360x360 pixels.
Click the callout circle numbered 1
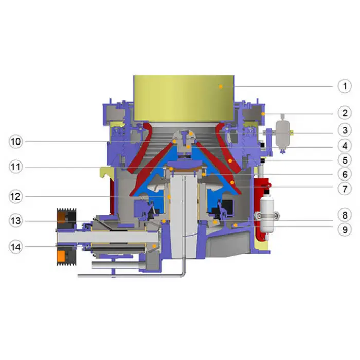coord(345,86)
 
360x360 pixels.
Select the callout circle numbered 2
coord(345,113)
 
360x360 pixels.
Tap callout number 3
coord(345,130)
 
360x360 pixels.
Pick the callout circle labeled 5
coord(345,160)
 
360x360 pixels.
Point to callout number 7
coord(345,189)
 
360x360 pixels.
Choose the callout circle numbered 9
coord(345,229)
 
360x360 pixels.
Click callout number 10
coord(15,141)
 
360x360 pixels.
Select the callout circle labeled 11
coord(15,167)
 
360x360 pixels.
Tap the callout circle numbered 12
coord(15,196)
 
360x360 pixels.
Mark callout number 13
coord(15,221)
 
